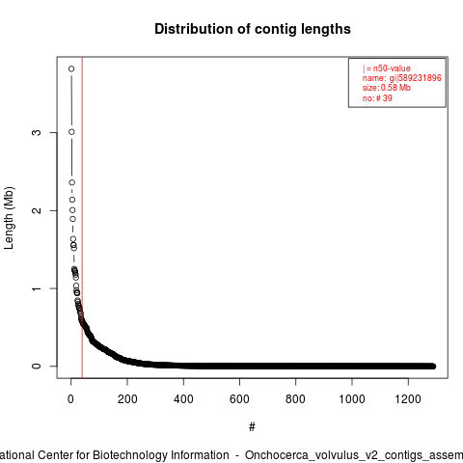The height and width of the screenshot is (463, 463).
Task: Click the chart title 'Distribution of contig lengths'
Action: [x=253, y=29]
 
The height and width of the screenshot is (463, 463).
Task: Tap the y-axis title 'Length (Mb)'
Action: [x=9, y=218]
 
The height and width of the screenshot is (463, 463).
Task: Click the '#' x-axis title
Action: [x=252, y=427]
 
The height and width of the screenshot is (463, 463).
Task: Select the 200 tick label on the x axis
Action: [x=127, y=399]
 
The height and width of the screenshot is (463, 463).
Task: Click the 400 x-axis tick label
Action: [x=183, y=399]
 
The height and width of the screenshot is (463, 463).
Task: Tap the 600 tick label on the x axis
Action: [x=239, y=399]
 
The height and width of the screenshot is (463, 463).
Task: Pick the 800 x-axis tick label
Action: [x=295, y=399]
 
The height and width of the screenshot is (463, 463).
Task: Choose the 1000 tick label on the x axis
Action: [x=352, y=399]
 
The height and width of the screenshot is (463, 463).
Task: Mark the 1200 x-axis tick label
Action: [x=408, y=399]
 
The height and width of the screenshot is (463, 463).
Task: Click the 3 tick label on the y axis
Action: [x=37, y=132]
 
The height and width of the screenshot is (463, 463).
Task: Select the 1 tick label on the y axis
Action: [x=37, y=288]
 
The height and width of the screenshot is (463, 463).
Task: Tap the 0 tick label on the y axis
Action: [x=37, y=366]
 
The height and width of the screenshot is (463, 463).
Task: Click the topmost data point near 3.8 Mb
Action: [x=71, y=68]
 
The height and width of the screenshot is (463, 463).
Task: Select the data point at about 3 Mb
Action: [x=71, y=132]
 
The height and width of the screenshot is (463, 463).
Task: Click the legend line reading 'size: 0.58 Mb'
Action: [x=386, y=88]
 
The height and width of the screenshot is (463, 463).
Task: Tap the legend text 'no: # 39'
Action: [x=377, y=98]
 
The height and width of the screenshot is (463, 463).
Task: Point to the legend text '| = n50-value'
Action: [x=386, y=68]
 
